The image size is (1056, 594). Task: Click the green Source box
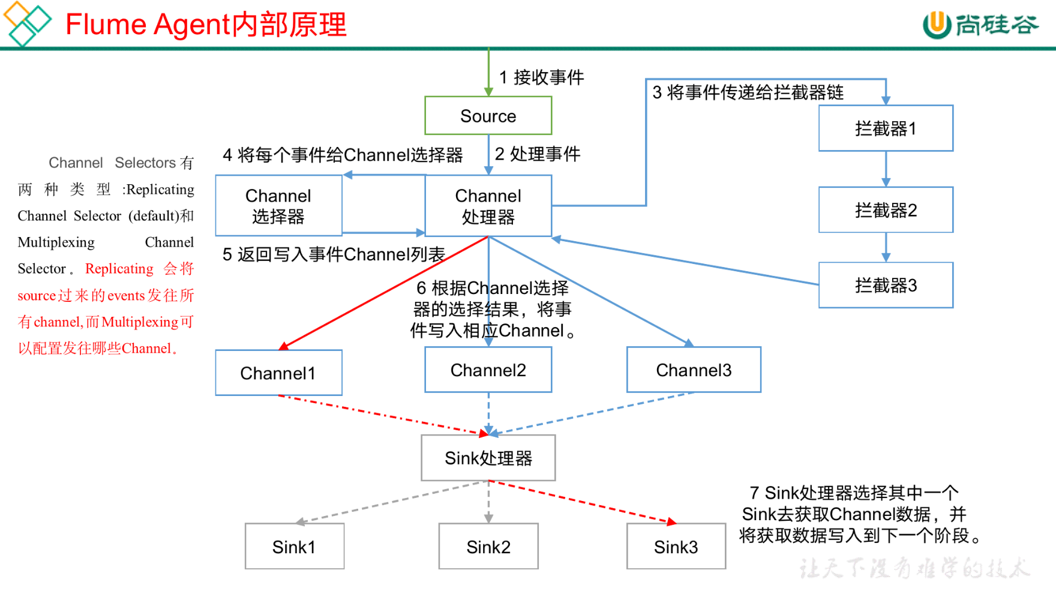click(x=488, y=116)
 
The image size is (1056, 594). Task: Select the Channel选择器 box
click(x=279, y=205)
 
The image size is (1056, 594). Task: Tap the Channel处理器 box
click(x=488, y=205)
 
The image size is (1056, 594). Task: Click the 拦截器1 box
click(x=886, y=128)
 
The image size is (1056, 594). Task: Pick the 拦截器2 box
click(x=886, y=210)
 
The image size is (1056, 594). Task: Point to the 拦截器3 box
click(x=886, y=285)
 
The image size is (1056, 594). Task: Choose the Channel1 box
click(x=279, y=373)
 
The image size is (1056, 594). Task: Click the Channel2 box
click(x=488, y=370)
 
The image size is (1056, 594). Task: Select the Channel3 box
click(x=694, y=370)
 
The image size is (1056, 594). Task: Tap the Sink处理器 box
click(x=488, y=458)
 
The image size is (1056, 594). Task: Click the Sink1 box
click(x=295, y=546)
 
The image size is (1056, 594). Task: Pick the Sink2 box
click(x=488, y=546)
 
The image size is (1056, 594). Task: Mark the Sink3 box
click(x=676, y=546)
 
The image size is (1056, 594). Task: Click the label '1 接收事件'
click(x=541, y=77)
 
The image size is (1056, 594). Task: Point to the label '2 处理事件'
click(x=538, y=154)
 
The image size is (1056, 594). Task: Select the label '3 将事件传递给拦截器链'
click(x=748, y=92)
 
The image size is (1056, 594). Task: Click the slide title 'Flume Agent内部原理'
click(x=206, y=25)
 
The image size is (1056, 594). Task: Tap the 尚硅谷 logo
click(x=980, y=25)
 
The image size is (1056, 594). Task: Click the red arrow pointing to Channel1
click(x=384, y=293)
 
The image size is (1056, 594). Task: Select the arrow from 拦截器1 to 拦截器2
click(x=886, y=169)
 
